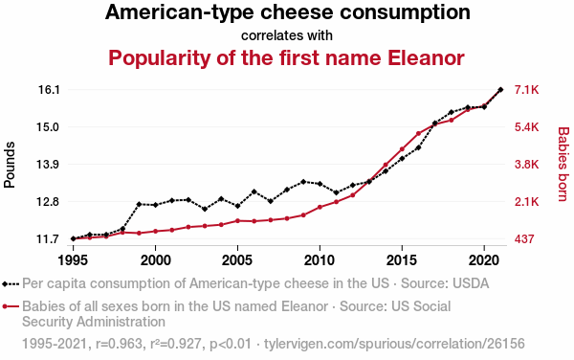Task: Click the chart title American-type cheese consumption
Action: click(287, 13)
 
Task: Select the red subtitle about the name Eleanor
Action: click(287, 57)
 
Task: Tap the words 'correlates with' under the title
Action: click(287, 35)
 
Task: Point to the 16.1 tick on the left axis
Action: click(49, 89)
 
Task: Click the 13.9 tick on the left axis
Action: click(49, 164)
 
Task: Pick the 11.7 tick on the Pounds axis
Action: click(49, 238)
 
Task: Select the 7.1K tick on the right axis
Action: click(528, 89)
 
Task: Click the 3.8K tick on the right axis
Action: click(528, 164)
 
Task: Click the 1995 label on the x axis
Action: click(73, 259)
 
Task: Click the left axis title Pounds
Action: click(11, 164)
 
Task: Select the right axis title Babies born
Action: click(563, 164)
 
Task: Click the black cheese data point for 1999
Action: click(139, 204)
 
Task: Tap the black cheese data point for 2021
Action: click(500, 90)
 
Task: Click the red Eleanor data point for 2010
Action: click(320, 208)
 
